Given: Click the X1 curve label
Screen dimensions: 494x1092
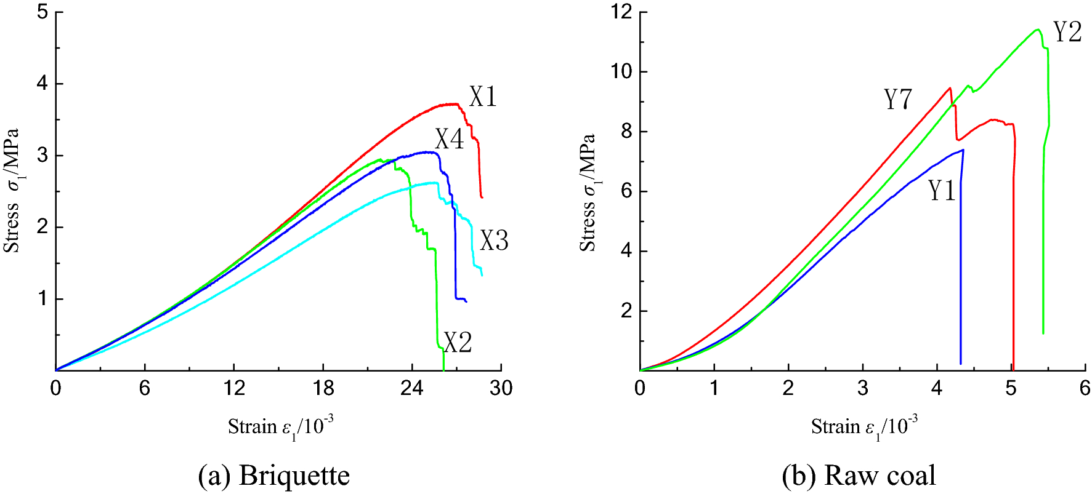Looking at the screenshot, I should tap(482, 97).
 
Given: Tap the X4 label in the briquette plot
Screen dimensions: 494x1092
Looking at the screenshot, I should tap(449, 139).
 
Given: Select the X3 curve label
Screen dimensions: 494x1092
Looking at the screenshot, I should tap(494, 241).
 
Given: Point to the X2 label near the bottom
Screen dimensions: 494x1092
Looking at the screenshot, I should tap(458, 342).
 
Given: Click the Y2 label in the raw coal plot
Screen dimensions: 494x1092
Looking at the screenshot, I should tap(1067, 31).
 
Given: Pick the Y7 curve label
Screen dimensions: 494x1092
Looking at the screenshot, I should tap(897, 99).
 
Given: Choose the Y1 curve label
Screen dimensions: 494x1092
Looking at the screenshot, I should tap(941, 191).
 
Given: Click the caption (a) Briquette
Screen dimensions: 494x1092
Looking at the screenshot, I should tap(274, 475).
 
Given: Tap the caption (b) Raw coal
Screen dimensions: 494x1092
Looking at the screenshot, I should tap(859, 475).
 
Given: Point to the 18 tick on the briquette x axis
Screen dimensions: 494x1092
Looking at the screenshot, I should tap(323, 388).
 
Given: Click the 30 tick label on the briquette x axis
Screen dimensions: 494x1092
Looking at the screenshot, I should tap(501, 388).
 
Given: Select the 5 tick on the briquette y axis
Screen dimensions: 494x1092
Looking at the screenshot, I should tap(42, 12).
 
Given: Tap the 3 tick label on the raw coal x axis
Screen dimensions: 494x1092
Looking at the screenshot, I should tap(862, 388).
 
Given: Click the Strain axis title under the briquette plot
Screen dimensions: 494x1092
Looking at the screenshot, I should tap(280, 426).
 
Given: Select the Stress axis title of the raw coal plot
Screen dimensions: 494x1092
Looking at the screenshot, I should tap(588, 192).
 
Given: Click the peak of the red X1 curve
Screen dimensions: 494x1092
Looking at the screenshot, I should tap(455, 104).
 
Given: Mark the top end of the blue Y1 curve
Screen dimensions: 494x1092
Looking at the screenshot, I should tap(962, 149).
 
